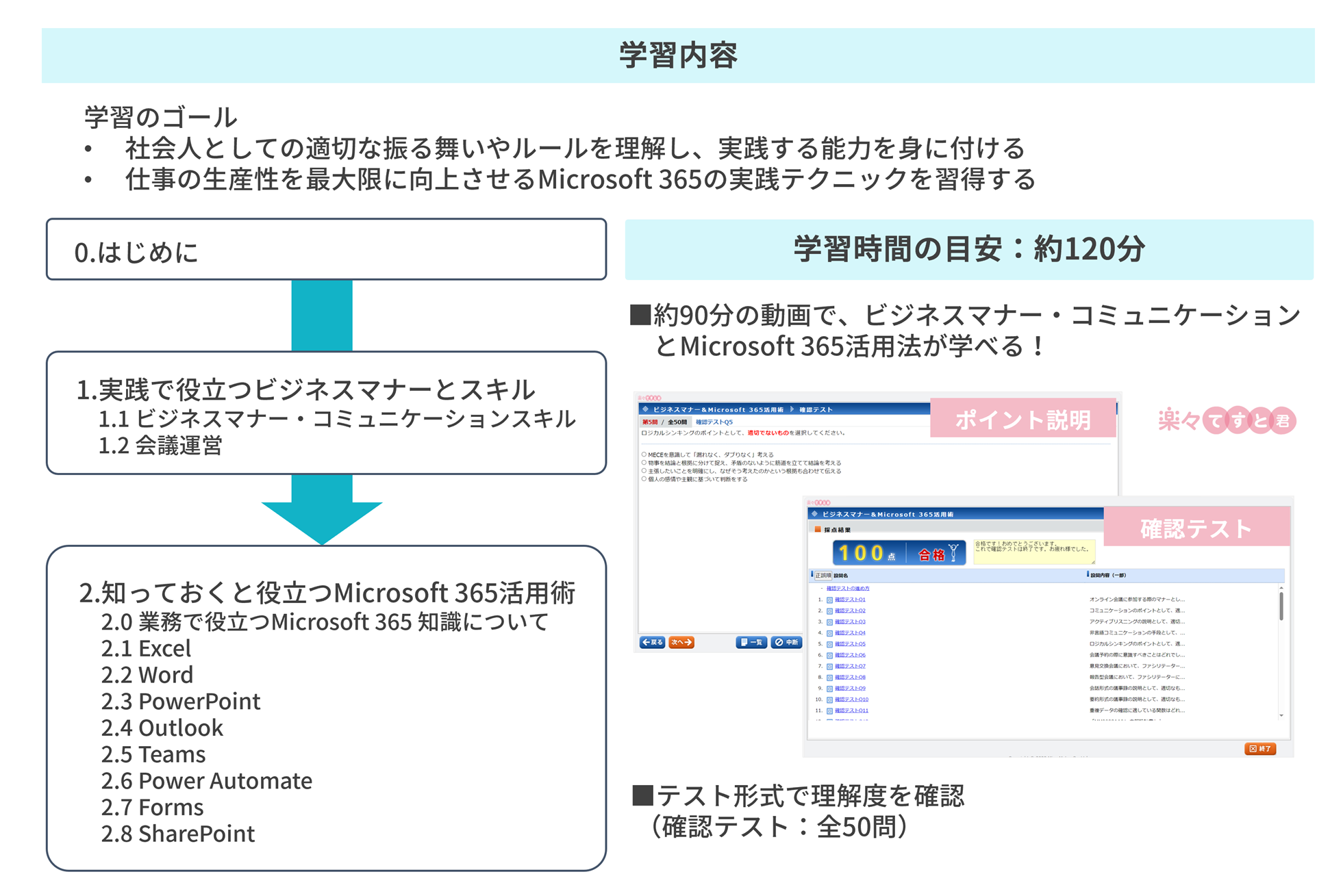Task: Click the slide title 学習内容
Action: [678, 55]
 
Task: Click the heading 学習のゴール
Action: [160, 117]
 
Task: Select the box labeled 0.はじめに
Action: [326, 250]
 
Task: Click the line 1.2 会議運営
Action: [160, 446]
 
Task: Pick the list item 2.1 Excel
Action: [146, 648]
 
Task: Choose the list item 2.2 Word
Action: [147, 675]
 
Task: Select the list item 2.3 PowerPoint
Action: [181, 702]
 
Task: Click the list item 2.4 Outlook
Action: [162, 728]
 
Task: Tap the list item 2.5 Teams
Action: [153, 754]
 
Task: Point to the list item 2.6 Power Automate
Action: [207, 781]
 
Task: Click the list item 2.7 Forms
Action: [152, 808]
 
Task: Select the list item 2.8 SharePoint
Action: [178, 834]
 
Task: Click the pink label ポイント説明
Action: [1023, 419]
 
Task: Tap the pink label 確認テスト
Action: [1196, 528]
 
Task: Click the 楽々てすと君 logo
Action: [1226, 420]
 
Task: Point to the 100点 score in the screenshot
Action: [866, 553]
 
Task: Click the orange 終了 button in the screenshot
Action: [1259, 749]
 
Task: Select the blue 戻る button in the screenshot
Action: [652, 642]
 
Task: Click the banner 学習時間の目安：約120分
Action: [968, 249]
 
